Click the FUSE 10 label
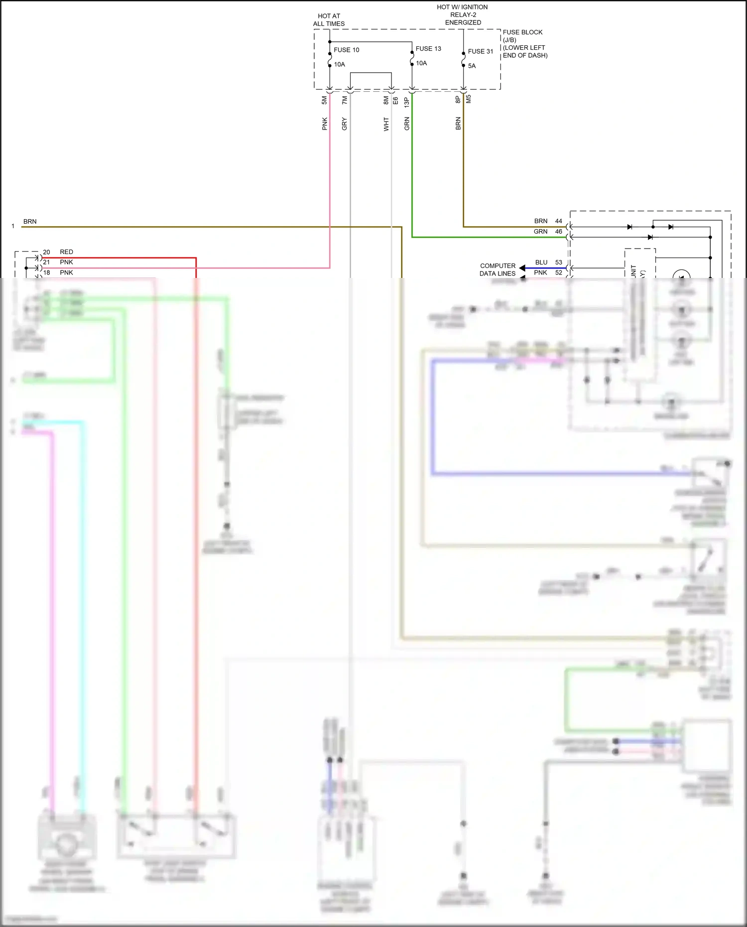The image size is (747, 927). coord(346,50)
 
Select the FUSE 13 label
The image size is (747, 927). coord(428,48)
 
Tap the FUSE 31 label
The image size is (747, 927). coord(480,51)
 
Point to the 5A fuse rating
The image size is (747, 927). coord(472,66)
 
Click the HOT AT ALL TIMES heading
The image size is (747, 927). coord(329,20)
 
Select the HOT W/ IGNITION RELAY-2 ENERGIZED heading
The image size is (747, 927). coord(463,14)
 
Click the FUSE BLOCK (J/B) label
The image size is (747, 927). coord(522,36)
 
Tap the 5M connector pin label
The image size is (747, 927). coord(325,100)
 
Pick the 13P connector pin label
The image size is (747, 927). coord(407,102)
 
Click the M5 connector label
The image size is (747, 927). coord(469,99)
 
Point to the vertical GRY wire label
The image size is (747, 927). coord(345,124)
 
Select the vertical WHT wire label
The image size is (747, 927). coord(386,124)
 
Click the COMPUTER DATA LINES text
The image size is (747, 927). coord(498,269)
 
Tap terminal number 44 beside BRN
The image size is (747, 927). coord(559,221)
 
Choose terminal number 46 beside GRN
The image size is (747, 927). coord(559,231)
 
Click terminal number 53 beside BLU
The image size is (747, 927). coord(559,262)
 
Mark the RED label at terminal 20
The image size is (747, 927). coord(66,252)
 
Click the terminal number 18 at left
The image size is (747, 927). coord(46,272)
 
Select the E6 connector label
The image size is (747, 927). coord(395,100)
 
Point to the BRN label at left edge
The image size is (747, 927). coord(30,221)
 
